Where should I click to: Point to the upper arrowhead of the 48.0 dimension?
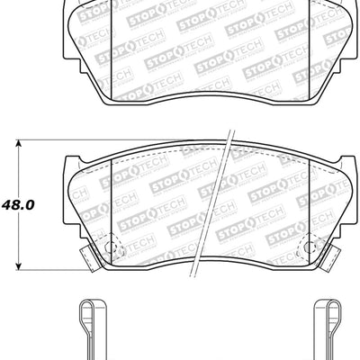20,144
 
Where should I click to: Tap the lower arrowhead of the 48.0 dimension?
20,266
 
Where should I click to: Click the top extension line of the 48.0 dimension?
54,140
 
